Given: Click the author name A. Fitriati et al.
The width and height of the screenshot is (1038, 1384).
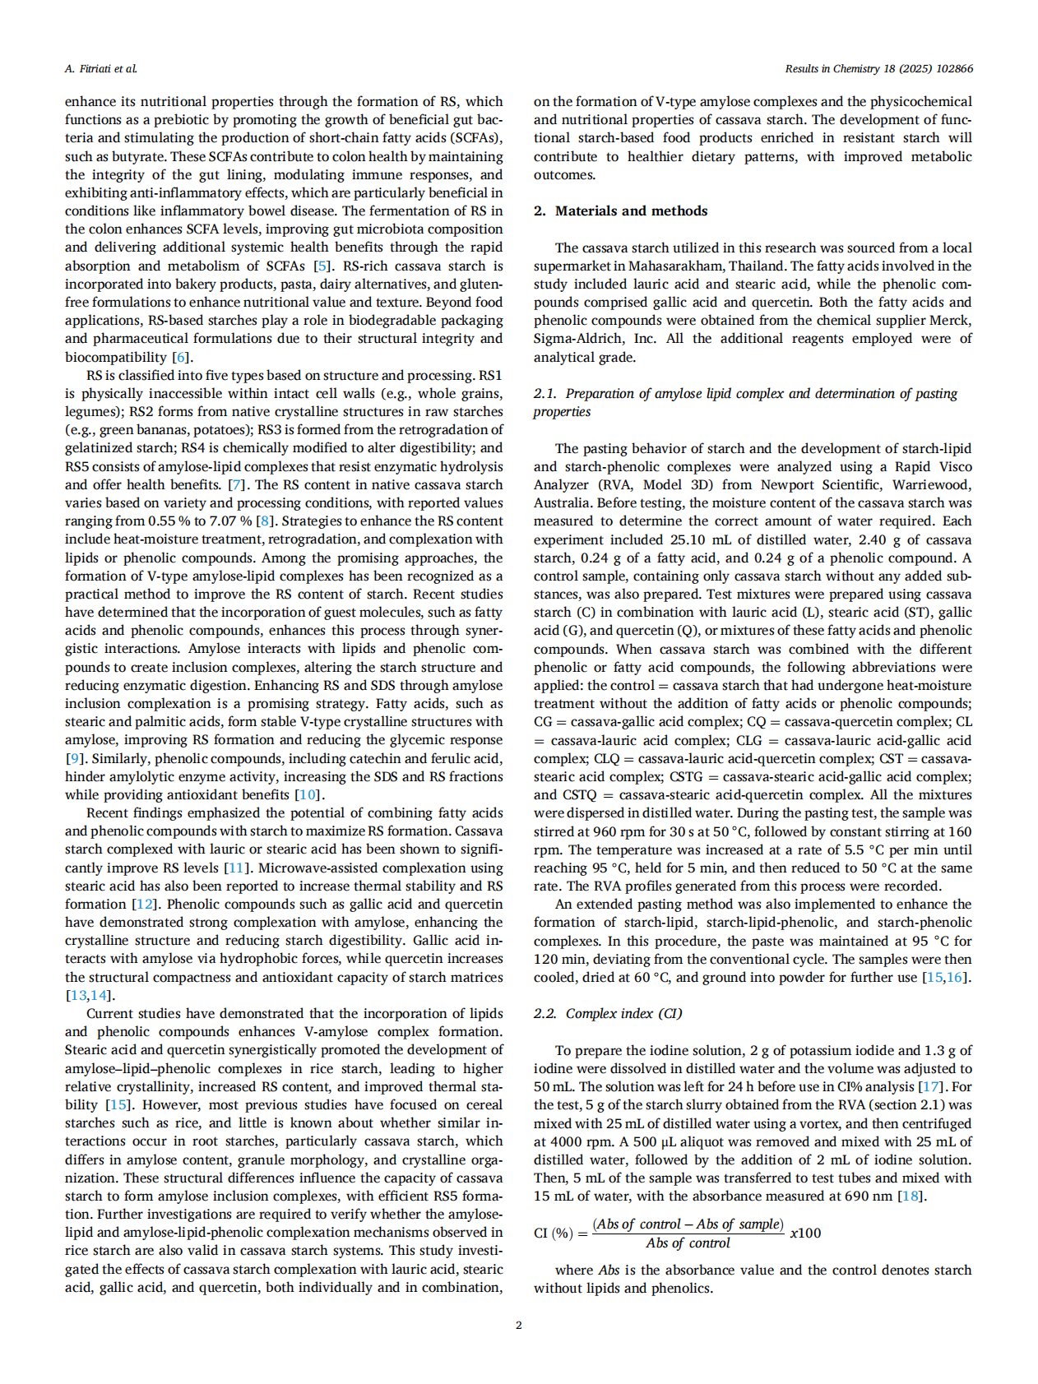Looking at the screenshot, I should [x=100, y=68].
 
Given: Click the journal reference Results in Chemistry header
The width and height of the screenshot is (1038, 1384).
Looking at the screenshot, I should [x=878, y=68].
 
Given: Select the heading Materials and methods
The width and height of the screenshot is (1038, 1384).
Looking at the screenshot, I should [x=631, y=211].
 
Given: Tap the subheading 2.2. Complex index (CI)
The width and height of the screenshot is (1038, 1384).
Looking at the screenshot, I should [x=608, y=1013].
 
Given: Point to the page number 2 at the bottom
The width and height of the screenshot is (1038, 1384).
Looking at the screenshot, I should [x=518, y=1324].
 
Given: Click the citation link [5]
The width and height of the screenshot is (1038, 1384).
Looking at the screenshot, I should [x=323, y=266].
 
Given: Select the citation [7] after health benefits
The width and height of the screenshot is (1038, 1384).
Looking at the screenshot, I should [x=236, y=484].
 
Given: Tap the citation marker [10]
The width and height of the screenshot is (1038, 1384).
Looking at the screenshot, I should [x=306, y=794].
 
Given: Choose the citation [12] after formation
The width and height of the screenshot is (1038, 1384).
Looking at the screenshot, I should [x=144, y=904].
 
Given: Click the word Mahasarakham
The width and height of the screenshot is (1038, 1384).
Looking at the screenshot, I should [x=680, y=266].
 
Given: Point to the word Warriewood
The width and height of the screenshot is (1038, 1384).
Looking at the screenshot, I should [x=931, y=484].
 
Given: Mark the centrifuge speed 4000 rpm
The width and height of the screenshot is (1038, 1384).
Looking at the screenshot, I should [x=579, y=1141].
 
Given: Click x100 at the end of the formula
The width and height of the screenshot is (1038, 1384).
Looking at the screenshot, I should [x=805, y=1233].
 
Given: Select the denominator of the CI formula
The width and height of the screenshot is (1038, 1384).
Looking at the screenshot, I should [x=688, y=1243].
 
